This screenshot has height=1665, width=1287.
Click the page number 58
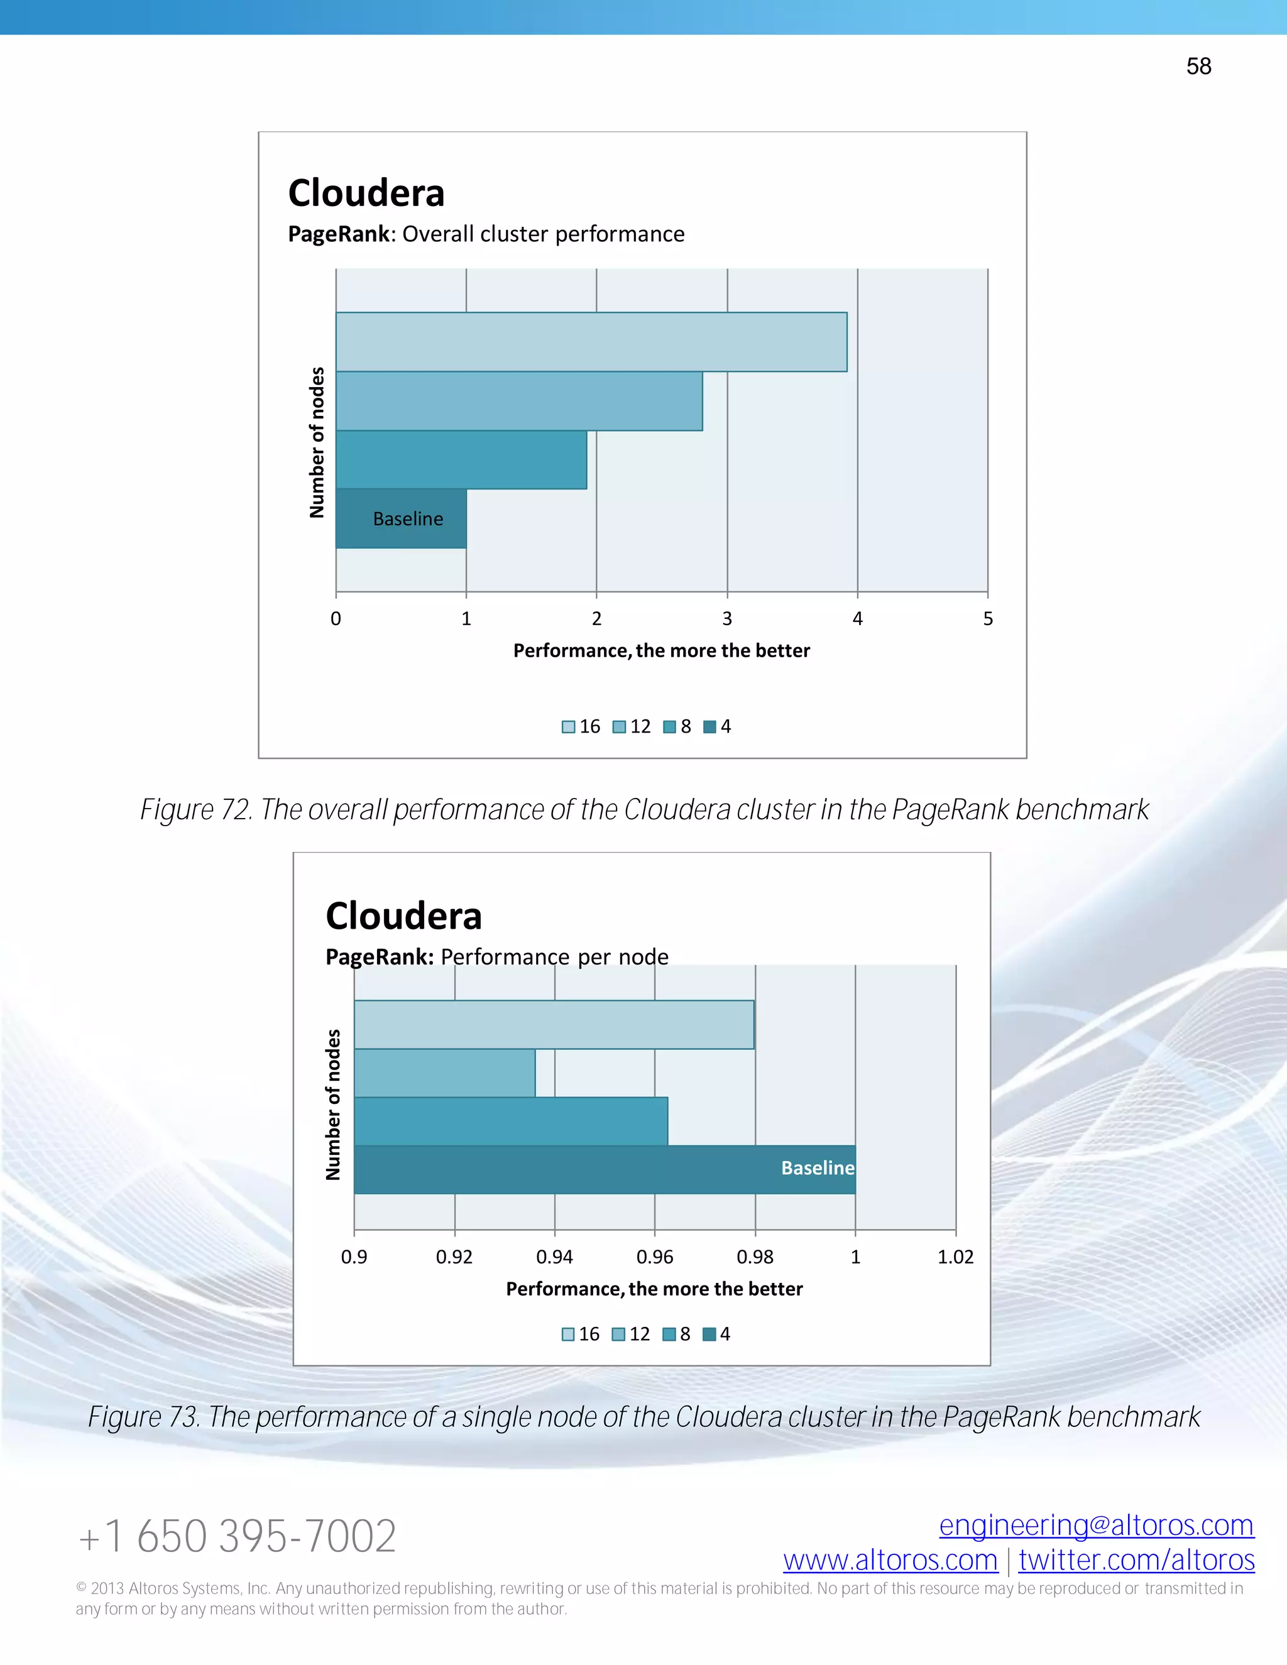(x=1198, y=67)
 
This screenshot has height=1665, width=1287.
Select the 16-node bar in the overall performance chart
(x=591, y=342)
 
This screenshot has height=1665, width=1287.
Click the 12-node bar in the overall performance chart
(x=518, y=401)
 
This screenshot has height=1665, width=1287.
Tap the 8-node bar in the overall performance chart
(x=461, y=460)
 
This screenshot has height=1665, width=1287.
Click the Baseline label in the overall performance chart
(x=408, y=519)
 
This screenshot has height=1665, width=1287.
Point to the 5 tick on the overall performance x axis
(x=987, y=619)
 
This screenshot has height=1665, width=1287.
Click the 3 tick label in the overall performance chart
(x=726, y=619)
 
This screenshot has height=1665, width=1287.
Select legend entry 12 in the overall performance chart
(x=632, y=726)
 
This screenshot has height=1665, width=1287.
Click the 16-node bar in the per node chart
(x=554, y=1025)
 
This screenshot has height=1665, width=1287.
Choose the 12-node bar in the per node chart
(x=444, y=1073)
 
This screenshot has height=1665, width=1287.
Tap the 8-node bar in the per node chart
(x=511, y=1122)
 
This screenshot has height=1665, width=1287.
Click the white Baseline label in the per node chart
(x=818, y=1168)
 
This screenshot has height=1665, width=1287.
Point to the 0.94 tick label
(x=554, y=1257)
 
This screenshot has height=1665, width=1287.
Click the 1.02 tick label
(x=955, y=1257)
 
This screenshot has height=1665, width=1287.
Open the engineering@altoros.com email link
(x=1097, y=1526)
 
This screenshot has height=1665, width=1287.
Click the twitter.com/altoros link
(x=1136, y=1561)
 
